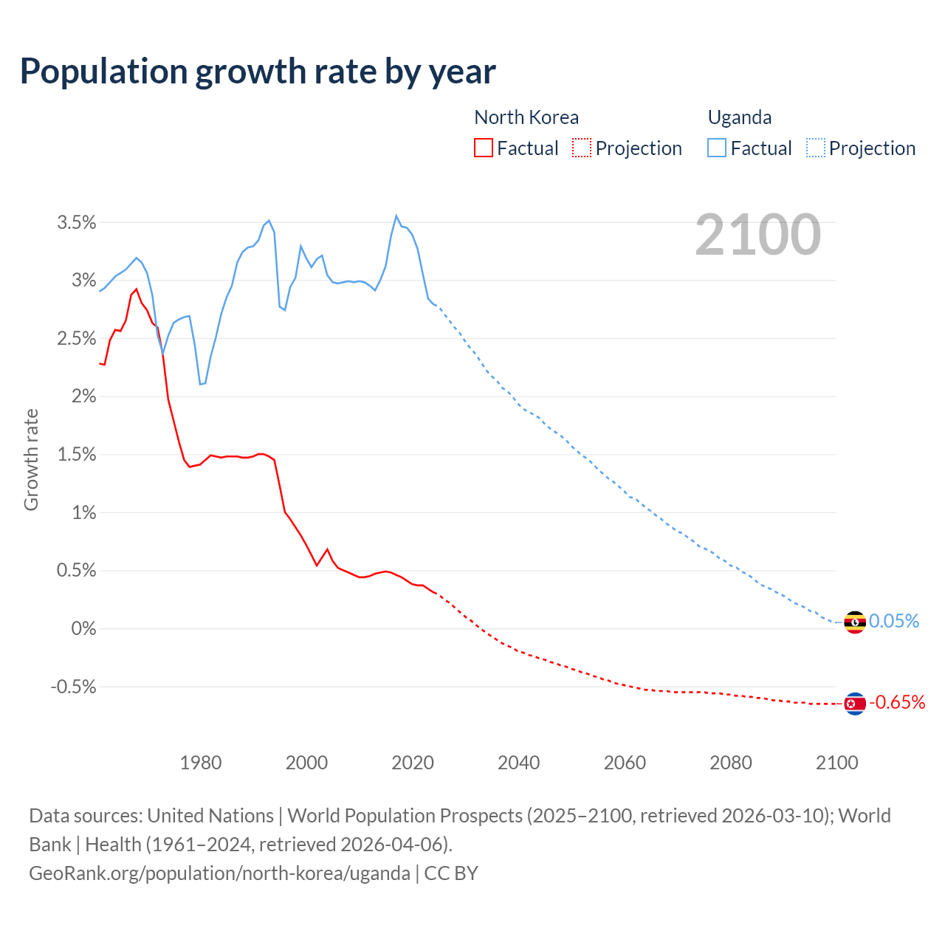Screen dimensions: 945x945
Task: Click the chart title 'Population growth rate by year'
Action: (x=258, y=72)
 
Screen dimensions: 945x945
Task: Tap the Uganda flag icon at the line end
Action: (x=854, y=622)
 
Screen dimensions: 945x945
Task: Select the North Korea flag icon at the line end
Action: (x=854, y=704)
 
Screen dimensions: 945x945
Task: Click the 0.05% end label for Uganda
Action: (x=894, y=622)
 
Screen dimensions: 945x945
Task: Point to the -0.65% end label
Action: (x=897, y=702)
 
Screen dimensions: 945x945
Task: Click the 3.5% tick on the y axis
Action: (x=77, y=222)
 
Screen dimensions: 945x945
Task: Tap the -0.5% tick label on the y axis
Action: (x=73, y=687)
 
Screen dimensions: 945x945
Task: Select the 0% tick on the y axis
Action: (x=83, y=629)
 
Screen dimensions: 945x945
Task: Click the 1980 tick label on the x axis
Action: (x=201, y=763)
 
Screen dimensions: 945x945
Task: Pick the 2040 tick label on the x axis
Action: (x=518, y=763)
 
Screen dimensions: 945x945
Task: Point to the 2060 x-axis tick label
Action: (x=625, y=763)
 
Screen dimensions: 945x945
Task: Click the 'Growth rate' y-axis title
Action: (x=31, y=460)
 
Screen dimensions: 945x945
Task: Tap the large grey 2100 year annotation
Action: (x=757, y=235)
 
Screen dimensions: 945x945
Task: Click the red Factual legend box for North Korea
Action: (x=483, y=148)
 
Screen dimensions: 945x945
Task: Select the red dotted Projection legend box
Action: (x=582, y=148)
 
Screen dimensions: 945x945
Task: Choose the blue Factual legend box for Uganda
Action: (x=717, y=148)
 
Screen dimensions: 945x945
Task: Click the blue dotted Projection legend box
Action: (x=816, y=148)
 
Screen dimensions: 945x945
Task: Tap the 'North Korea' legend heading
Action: (x=526, y=117)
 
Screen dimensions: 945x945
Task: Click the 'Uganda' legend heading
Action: (x=740, y=117)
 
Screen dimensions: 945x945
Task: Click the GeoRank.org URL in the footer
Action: (x=219, y=873)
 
